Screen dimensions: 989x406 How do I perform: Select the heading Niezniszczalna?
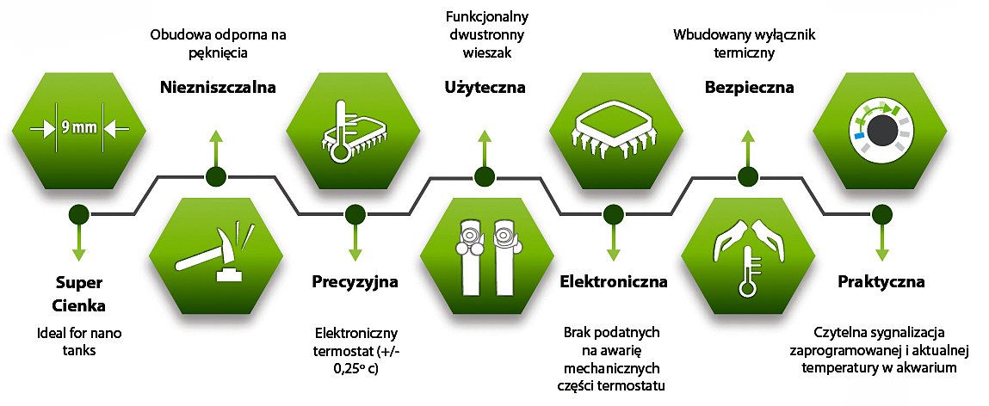click(217, 87)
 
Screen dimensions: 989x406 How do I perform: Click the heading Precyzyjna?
click(355, 281)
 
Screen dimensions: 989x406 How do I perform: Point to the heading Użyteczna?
click(485, 87)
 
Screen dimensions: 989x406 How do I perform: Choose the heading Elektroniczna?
click(614, 281)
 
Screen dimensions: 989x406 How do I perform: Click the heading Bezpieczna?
click(748, 87)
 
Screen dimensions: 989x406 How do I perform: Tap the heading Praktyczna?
click(881, 281)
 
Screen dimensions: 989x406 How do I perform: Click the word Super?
click(79, 282)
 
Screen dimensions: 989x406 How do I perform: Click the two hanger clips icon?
click(486, 254)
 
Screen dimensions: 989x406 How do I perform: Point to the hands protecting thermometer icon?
click(748, 254)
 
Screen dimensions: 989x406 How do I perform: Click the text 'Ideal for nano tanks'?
click(79, 341)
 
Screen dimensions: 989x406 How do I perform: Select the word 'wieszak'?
click(485, 53)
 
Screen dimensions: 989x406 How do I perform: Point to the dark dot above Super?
click(79, 212)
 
